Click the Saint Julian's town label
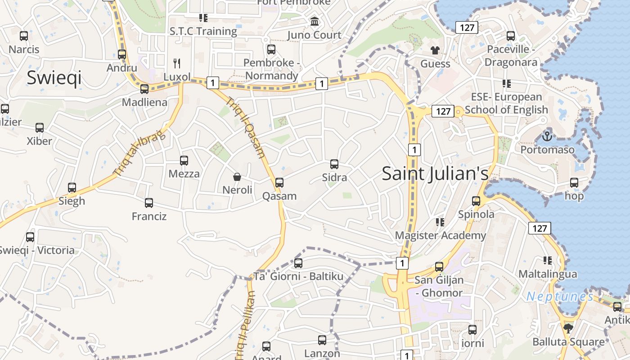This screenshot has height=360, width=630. pos(435,174)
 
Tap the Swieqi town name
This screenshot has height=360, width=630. pos(54,77)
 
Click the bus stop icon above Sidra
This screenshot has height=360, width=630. pos(334,164)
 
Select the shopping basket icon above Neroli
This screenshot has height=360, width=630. pos(237,177)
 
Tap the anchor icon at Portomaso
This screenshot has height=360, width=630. pos(547,135)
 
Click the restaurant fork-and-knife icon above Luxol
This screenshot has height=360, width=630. pos(177,63)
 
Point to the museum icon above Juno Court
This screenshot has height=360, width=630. pos(315,22)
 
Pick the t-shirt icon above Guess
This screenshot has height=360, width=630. pos(435,50)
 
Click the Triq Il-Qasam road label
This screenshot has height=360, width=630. pos(246,128)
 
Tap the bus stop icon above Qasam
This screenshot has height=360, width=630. pos(279,182)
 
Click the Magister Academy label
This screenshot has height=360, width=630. pos(440,235)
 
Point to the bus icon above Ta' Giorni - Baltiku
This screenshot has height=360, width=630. pos(298,263)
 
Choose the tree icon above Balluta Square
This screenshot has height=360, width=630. pos(568,328)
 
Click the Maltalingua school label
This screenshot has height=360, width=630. pos(548,274)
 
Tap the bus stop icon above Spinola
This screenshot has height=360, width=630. pos(476,201)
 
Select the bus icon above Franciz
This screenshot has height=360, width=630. pos(149,203)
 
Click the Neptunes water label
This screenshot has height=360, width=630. pos(560,297)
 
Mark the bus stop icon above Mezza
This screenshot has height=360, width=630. pos(184,160)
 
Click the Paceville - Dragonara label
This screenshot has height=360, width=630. pos(511,56)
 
